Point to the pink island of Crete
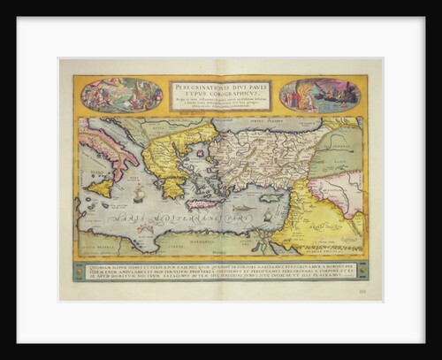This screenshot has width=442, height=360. [x=202, y=204]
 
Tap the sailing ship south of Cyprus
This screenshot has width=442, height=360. [x=267, y=214]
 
